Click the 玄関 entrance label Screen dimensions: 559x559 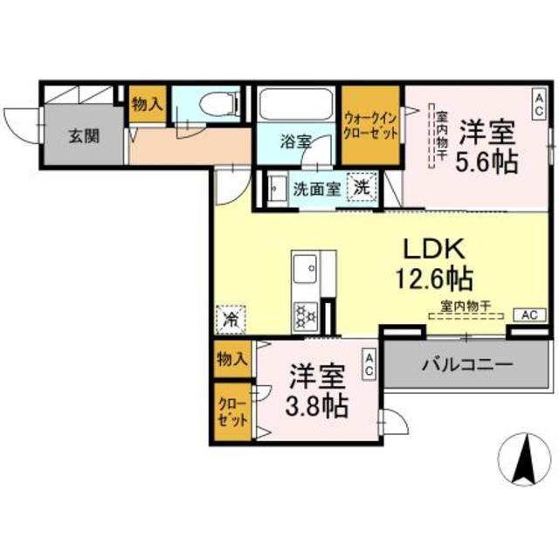coord(86,135)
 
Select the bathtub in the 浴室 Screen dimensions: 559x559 coord(294,108)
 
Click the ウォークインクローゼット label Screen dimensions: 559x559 coord(370,126)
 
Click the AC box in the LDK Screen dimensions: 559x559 coord(529,314)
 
